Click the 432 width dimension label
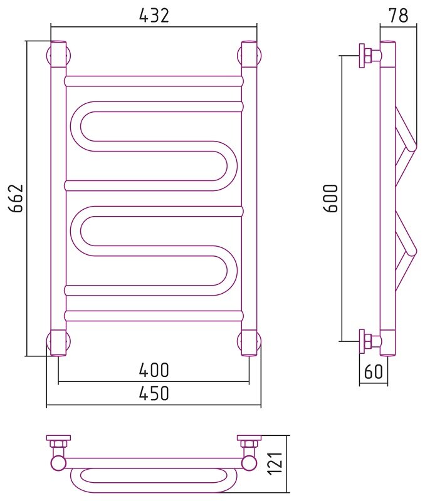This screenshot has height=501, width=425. pyautogui.click(x=154, y=15)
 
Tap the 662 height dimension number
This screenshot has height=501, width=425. pyautogui.click(x=16, y=198)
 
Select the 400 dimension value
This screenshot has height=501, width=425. pyautogui.click(x=154, y=370)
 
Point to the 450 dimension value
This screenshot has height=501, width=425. pyautogui.click(x=154, y=393)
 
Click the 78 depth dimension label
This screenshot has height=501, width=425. pyautogui.click(x=399, y=15)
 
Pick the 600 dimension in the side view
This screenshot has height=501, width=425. pyautogui.click(x=330, y=198)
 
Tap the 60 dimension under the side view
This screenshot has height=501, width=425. pyautogui.click(x=373, y=371)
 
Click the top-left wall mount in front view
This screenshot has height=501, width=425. pyautogui.click(x=58, y=54)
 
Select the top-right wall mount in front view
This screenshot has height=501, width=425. pyautogui.click(x=249, y=54)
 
